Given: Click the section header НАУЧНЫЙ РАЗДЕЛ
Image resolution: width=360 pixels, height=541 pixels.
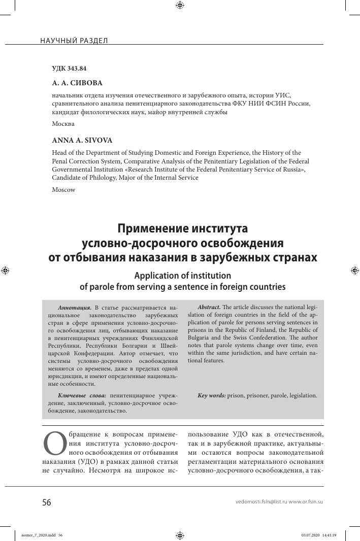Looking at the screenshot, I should click(x=74, y=40).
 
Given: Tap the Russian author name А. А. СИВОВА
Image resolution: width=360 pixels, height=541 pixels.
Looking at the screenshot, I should click(x=78, y=83).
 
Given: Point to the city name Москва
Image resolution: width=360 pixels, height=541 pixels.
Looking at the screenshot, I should click(x=63, y=124).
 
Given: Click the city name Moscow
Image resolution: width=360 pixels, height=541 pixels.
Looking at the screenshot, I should click(x=63, y=189).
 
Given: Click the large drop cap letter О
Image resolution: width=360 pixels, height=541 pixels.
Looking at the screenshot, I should click(x=53, y=444).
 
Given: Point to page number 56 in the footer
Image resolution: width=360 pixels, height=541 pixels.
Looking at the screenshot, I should click(x=47, y=502).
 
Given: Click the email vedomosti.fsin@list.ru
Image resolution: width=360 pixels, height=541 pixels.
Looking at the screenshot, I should click(x=261, y=502).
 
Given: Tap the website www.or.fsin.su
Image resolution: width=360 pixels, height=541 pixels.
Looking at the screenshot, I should click(x=306, y=502).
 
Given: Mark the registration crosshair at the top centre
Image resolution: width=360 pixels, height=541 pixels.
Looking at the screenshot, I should click(x=180, y=6).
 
